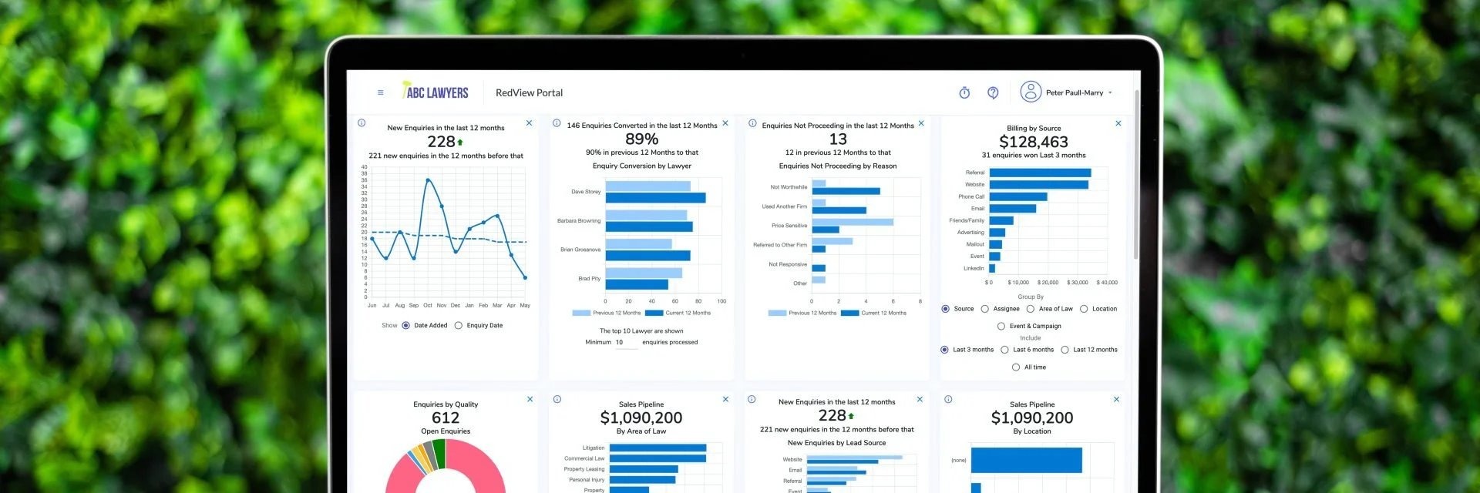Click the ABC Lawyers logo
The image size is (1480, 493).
[436, 92]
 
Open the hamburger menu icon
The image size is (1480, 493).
[380, 92]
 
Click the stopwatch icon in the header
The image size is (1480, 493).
[964, 92]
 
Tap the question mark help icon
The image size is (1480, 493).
[993, 92]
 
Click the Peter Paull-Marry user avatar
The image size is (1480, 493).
[1031, 92]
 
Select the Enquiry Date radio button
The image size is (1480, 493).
[459, 326]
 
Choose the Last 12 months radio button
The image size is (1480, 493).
[1065, 350]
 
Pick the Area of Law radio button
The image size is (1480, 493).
[1031, 309]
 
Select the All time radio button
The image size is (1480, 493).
[1016, 367]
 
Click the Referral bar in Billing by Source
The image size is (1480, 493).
[1040, 173]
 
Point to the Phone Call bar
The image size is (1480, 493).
[1017, 196]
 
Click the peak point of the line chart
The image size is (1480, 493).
[428, 180]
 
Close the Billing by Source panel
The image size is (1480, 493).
[1118, 123]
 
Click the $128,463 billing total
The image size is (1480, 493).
[1033, 142]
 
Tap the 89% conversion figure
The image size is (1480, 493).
[641, 139]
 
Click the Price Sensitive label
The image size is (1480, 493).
[789, 226]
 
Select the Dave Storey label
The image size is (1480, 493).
[586, 192]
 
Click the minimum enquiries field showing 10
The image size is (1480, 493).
[625, 343]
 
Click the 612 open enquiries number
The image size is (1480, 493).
[446, 418]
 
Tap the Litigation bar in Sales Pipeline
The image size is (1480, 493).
[658, 448]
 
